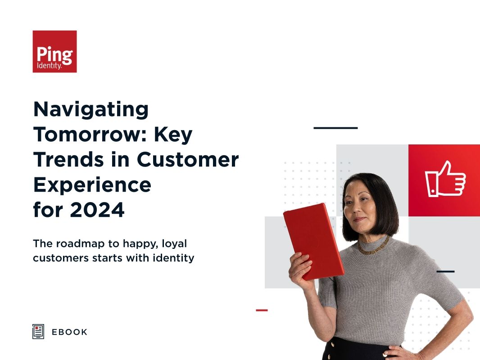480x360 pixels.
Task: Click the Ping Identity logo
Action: tap(54, 51)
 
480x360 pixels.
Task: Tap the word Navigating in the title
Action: tap(91, 109)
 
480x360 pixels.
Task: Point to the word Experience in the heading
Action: tap(92, 185)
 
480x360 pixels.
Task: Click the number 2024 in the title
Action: tap(97, 210)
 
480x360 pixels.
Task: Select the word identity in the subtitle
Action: tap(174, 258)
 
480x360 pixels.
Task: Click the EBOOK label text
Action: tap(69, 332)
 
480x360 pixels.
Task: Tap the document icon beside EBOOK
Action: tap(38, 332)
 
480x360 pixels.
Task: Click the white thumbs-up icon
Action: tap(445, 179)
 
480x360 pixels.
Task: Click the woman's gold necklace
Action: tap(373, 246)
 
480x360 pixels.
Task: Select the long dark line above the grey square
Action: tap(335, 128)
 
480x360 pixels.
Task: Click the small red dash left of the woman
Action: tap(262, 310)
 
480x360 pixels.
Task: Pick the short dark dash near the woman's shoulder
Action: tap(445, 271)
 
